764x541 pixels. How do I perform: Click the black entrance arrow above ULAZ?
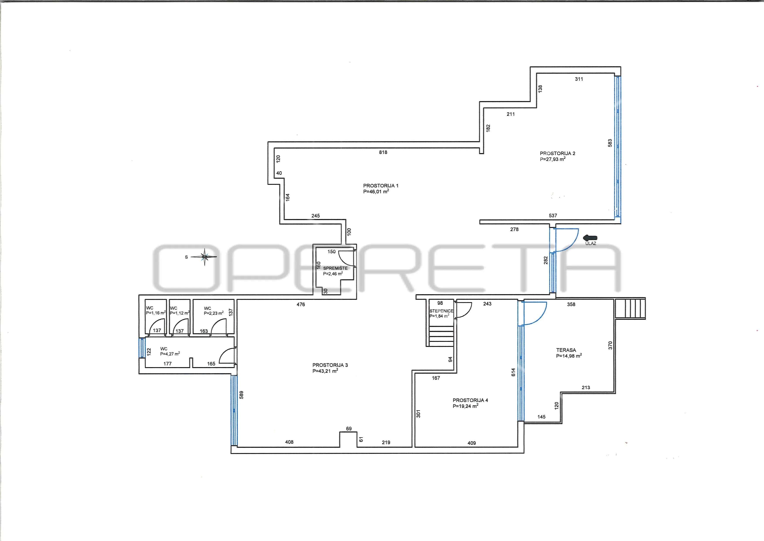click(x=590, y=238)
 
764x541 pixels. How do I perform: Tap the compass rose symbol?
click(x=205, y=257)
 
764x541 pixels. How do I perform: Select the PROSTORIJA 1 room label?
click(x=381, y=186)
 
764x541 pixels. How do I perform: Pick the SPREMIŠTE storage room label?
click(x=335, y=268)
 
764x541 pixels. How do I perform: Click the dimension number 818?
click(x=383, y=152)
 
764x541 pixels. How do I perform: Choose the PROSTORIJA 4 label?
click(x=470, y=400)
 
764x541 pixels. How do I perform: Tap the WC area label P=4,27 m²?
click(x=170, y=354)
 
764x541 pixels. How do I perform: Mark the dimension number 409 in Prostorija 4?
click(x=471, y=443)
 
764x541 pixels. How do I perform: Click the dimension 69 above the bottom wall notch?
click(x=349, y=429)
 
